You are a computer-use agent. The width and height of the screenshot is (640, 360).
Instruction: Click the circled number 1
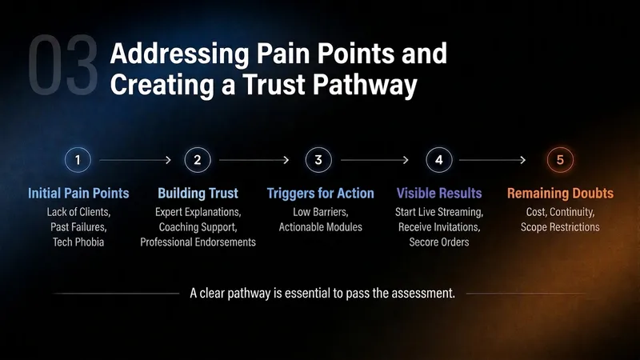click(x=78, y=159)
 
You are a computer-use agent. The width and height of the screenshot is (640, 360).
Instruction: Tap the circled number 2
click(x=198, y=159)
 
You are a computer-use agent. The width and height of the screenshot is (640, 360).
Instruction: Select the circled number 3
click(x=318, y=159)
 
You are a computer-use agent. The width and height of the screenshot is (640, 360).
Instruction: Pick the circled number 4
click(x=439, y=159)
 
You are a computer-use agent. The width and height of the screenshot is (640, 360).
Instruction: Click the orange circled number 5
click(x=560, y=159)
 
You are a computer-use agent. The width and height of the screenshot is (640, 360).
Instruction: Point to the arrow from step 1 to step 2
click(x=135, y=160)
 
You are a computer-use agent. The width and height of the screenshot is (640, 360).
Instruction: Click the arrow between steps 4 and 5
click(x=492, y=160)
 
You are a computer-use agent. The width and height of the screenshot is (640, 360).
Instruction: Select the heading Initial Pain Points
click(x=78, y=193)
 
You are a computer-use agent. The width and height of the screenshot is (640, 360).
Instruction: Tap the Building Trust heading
click(x=198, y=193)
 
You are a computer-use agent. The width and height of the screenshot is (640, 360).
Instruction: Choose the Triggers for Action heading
click(x=321, y=193)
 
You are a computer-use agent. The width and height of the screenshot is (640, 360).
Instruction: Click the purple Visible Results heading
click(x=439, y=193)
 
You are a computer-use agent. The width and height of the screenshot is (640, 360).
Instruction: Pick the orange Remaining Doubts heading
click(x=560, y=193)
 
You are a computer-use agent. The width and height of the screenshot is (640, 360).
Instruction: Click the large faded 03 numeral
click(x=63, y=65)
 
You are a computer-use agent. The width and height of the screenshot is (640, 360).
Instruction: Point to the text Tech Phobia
click(x=78, y=242)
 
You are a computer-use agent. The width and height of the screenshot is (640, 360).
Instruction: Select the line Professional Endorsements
click(x=198, y=242)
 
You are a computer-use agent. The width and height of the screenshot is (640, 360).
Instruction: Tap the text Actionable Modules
click(x=321, y=227)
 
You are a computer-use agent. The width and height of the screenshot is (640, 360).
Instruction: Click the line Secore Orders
click(x=439, y=242)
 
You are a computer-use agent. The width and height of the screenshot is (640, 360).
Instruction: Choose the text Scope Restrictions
click(x=560, y=227)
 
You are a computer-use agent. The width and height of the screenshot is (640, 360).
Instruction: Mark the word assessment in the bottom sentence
click(x=423, y=293)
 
